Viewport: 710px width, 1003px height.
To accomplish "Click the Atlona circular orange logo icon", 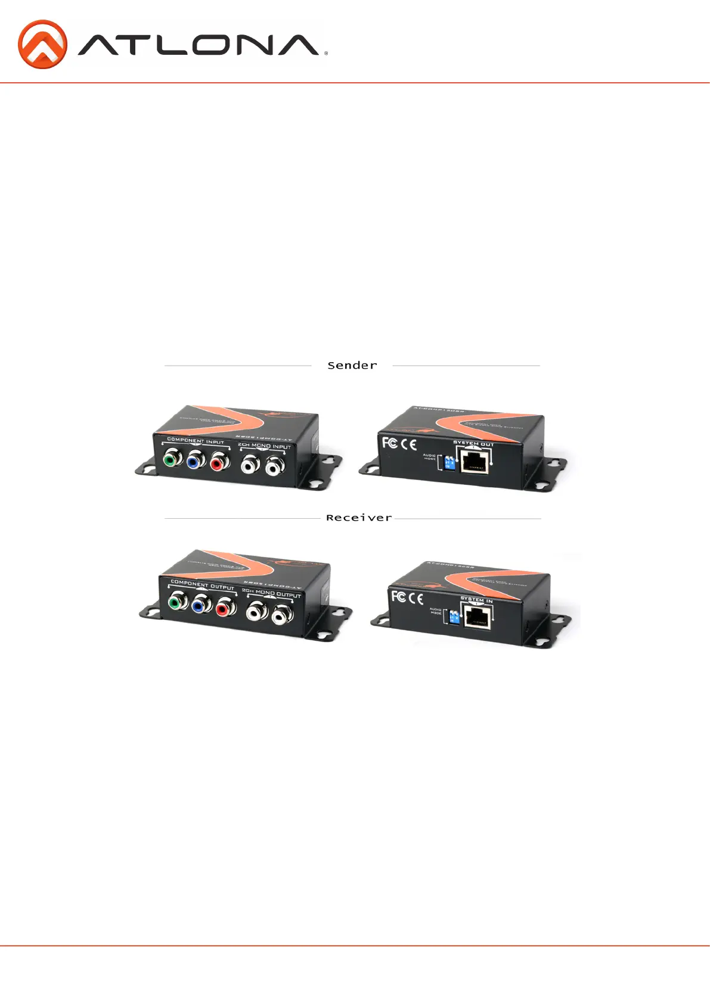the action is click(42, 45).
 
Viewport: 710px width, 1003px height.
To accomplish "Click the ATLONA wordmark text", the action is click(199, 45).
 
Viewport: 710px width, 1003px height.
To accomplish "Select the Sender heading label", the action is click(352, 366).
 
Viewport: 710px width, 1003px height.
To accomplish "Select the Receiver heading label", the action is click(358, 518).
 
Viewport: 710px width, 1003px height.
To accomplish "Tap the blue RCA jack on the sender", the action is click(195, 460).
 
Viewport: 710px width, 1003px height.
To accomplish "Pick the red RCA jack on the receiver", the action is click(225, 608).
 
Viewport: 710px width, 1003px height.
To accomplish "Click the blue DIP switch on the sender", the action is click(449, 462).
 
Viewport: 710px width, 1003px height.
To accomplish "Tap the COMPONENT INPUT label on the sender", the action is click(196, 441).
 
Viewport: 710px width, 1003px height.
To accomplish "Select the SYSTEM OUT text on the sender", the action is click(473, 443).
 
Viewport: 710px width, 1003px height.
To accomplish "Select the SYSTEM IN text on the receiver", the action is click(476, 600).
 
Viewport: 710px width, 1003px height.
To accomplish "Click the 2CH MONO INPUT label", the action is click(264, 446).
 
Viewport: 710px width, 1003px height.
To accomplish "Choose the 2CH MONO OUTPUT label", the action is click(271, 593).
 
